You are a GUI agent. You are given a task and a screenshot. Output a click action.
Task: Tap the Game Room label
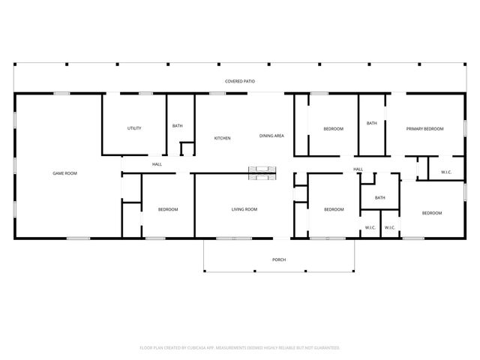64,173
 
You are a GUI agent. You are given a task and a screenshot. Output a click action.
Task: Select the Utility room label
134,128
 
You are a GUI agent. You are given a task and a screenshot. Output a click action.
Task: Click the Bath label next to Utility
177,126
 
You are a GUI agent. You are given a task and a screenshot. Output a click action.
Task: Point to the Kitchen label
222,138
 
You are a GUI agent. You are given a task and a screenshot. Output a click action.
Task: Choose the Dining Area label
271,136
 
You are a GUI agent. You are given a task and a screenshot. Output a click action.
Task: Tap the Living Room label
244,209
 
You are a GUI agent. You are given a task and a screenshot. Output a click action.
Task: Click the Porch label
279,259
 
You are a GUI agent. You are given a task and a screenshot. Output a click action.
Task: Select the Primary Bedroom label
424,129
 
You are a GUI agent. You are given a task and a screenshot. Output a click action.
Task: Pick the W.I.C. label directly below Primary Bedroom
446,172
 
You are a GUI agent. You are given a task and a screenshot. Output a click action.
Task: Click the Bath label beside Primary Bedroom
371,123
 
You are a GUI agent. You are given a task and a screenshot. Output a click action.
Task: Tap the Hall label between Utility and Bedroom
157,164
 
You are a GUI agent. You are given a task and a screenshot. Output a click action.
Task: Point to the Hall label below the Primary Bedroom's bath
358,169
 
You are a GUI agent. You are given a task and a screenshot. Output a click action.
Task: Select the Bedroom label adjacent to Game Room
167,209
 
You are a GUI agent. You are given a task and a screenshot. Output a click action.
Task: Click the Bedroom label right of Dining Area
333,129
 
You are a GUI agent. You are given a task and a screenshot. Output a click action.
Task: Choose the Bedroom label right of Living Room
333,209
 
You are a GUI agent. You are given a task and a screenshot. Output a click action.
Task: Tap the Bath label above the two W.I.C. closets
380,198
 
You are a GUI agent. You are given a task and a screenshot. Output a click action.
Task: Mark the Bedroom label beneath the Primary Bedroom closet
431,213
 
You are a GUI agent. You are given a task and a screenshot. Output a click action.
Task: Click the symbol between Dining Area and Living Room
262,173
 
